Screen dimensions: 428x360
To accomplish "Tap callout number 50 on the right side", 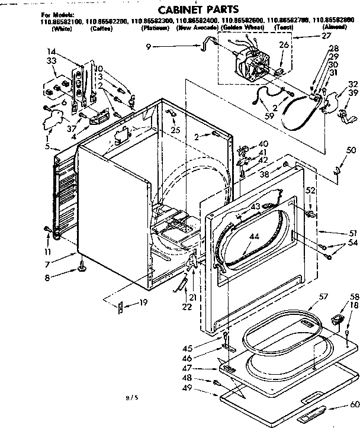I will click(x=351, y=150).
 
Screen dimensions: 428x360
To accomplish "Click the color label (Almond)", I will click(x=335, y=28).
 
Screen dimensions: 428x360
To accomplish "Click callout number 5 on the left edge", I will click(x=54, y=147).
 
